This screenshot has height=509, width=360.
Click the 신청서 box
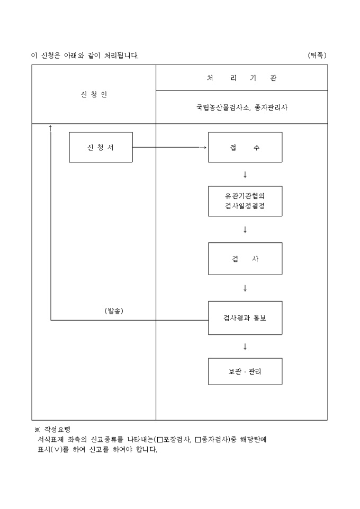tap(101, 147)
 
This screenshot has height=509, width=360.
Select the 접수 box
tap(245, 147)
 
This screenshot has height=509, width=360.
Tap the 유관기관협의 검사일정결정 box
tap(245, 201)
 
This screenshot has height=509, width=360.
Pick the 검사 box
tap(245, 259)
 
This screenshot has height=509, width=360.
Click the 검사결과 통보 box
tap(245, 318)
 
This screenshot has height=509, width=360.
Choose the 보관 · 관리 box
tap(245, 371)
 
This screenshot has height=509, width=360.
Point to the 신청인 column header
tap(93, 95)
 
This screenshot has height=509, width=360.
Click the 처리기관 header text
tap(241, 78)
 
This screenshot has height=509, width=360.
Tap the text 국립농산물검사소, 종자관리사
tap(241, 107)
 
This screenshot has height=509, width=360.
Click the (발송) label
tap(114, 311)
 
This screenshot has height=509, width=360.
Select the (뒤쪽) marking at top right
tap(317, 55)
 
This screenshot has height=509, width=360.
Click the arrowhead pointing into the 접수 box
tap(205, 147)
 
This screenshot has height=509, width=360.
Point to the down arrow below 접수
tap(245, 175)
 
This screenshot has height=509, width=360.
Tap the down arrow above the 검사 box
tap(245, 230)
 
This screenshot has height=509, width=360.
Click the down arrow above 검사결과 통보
tap(245, 288)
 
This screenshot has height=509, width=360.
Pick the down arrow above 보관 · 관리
tap(245, 347)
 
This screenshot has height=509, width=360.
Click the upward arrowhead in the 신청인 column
tap(50, 127)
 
